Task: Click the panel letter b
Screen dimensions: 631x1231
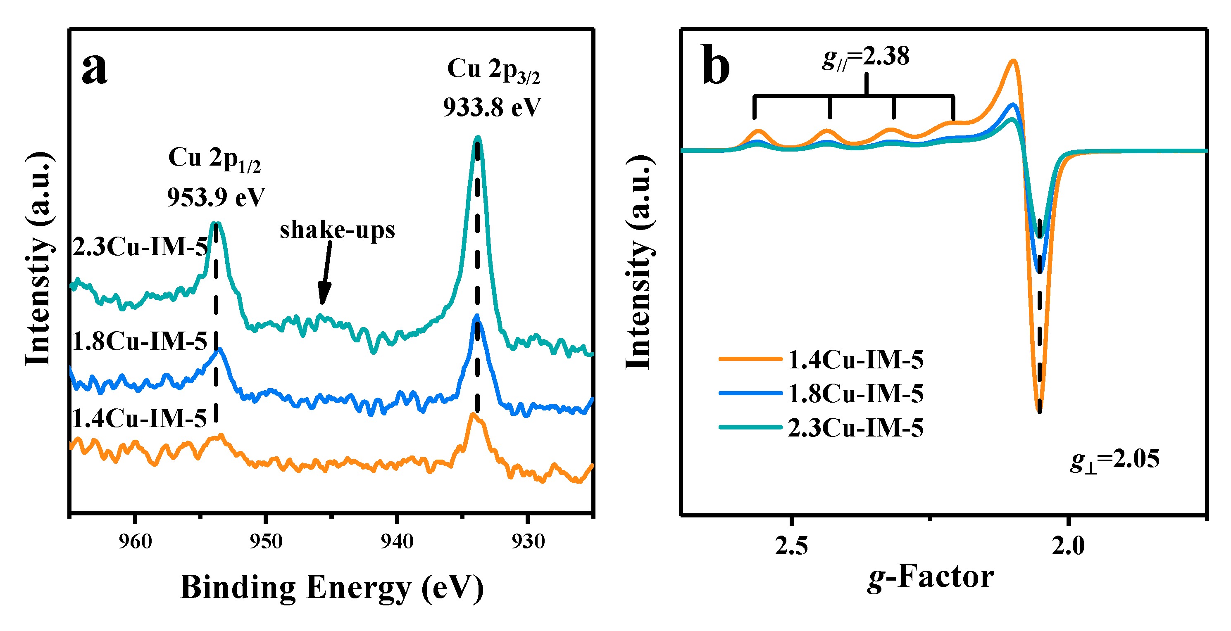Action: [715, 66]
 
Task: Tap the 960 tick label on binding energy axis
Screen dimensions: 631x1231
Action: [135, 542]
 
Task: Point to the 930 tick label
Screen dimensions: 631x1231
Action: [528, 542]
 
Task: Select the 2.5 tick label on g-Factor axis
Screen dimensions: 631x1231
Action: [791, 546]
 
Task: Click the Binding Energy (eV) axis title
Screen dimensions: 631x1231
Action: [332, 588]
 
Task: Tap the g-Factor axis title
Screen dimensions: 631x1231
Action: [930, 577]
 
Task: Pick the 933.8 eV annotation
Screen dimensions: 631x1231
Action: [492, 107]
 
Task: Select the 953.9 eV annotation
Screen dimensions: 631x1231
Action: [216, 197]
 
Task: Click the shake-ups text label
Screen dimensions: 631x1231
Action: [337, 230]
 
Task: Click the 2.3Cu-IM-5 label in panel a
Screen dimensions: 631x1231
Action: [140, 247]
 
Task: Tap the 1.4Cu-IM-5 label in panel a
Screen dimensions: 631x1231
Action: [139, 418]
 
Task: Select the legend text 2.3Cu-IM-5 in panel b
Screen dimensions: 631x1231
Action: [855, 427]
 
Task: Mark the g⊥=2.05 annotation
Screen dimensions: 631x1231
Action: [1114, 460]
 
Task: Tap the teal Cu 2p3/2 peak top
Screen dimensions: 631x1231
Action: [477, 138]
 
